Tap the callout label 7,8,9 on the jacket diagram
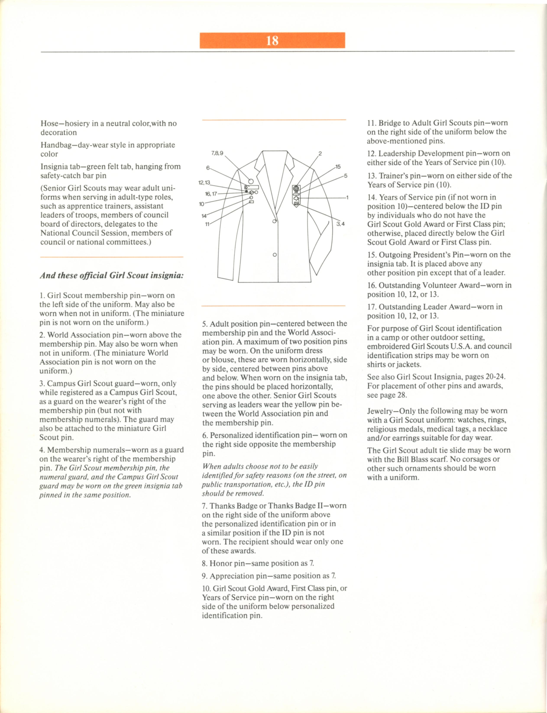[x=217, y=153]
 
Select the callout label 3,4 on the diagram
[x=341, y=224]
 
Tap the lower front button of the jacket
[x=275, y=255]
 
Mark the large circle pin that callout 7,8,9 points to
[x=251, y=181]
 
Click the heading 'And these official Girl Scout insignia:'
[x=112, y=276]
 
